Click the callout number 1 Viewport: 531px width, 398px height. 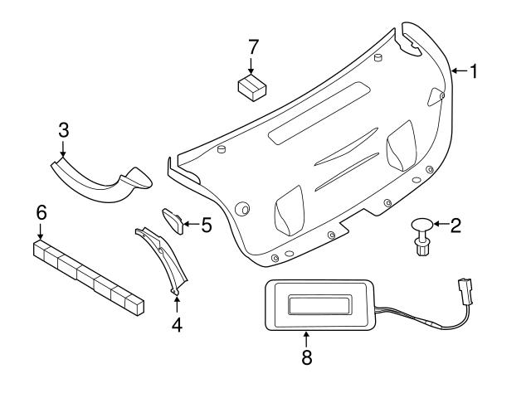[x=474, y=72]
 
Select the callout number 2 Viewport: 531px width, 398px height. [x=455, y=225]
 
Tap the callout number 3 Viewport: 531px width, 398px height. [x=63, y=129]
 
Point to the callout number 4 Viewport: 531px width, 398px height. [x=176, y=325]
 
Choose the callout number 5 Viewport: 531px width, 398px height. [x=206, y=224]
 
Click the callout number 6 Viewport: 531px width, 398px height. [x=41, y=212]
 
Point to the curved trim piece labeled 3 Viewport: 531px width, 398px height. [x=100, y=178]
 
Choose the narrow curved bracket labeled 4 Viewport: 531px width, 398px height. [x=166, y=257]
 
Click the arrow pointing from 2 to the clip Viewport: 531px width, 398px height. [x=440, y=224]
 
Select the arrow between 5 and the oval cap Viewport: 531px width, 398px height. [x=191, y=223]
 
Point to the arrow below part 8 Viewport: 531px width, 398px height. [x=307, y=340]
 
